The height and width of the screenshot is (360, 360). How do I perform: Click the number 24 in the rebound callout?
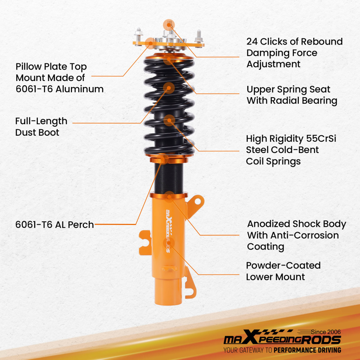tap(252, 42)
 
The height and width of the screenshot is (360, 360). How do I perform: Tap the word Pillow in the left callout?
tap(28, 67)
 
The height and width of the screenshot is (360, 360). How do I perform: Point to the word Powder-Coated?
tap(283, 266)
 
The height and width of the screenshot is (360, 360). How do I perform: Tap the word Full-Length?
tap(41, 121)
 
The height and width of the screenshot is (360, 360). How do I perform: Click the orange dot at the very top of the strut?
tap(168, 24)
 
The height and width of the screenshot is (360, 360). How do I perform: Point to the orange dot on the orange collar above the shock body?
tap(170, 196)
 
